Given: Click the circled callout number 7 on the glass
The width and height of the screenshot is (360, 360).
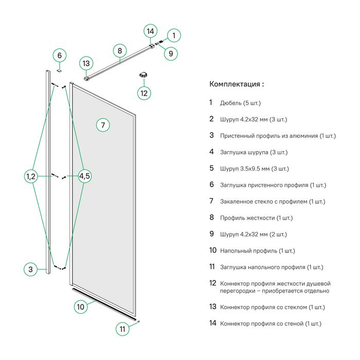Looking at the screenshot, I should point(103,124).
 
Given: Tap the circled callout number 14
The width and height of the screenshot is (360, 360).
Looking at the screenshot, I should point(150,31).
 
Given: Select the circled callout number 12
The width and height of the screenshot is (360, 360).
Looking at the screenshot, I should point(144,93).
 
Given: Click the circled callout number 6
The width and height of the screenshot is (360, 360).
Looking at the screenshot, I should point(59,56).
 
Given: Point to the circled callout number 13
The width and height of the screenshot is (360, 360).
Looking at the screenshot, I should point(86,64).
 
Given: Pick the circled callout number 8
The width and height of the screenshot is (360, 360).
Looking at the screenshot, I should point(119,50).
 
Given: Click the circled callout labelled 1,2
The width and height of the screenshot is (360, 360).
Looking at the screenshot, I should point(31,176).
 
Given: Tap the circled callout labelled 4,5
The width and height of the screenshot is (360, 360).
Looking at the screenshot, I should point(85,176).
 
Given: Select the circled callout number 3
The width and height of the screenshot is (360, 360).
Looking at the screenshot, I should point(31,269).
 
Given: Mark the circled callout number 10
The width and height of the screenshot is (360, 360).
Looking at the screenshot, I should point(80,307).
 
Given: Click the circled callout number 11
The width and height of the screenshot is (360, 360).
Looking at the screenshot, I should point(122,329).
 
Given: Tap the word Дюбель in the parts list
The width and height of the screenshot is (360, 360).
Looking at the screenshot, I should point(231,103).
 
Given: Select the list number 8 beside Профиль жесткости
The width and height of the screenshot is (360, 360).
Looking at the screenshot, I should point(211,218).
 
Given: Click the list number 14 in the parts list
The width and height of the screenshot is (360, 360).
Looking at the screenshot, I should point(213,323).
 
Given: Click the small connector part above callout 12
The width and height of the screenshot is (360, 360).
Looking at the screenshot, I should point(143,75).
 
